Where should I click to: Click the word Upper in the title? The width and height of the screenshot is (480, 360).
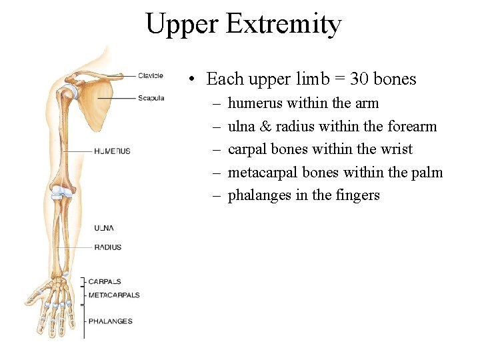182,25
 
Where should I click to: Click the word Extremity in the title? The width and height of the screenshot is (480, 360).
284,25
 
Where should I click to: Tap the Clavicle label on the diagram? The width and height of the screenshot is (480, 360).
150,75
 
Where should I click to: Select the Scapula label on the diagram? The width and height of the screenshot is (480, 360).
151,98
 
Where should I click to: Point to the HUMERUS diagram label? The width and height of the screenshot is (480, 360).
112,151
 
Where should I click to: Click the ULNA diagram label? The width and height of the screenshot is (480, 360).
104,228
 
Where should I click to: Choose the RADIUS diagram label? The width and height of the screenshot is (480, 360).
107,247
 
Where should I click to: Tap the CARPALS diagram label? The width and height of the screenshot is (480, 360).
105,281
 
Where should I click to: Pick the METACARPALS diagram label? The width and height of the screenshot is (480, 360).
114,295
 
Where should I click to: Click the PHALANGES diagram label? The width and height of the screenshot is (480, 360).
110,321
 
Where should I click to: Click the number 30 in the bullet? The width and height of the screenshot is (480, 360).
359,79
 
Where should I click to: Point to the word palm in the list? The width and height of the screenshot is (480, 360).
426,172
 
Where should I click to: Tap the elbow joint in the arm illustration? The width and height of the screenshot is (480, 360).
63,193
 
